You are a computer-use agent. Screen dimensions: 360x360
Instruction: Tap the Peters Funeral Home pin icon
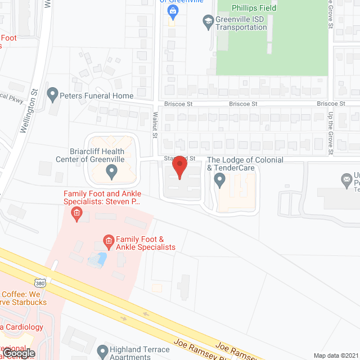pyautogui.click(x=53, y=94)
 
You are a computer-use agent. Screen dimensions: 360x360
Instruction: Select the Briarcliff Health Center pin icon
pyautogui.click(x=111, y=170)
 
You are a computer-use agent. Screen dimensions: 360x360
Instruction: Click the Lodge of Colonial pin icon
pyautogui.click(x=220, y=180)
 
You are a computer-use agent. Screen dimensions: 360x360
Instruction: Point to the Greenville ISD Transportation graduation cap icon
pyautogui.click(x=208, y=22)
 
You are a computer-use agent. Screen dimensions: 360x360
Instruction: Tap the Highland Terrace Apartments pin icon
pyautogui.click(x=102, y=352)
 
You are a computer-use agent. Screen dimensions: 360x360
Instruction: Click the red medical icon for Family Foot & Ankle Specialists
pyautogui.click(x=106, y=242)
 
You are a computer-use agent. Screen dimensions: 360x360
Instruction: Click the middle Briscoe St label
pyautogui.click(x=242, y=104)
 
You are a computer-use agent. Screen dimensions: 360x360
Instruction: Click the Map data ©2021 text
pyautogui.click(x=335, y=355)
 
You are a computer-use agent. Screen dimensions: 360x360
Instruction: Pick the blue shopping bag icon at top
pyautogui.click(x=172, y=11)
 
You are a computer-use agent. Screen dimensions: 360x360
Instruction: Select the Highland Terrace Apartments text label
pyautogui.click(x=141, y=352)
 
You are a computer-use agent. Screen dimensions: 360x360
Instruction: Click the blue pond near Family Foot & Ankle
pyautogui.click(x=97, y=259)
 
